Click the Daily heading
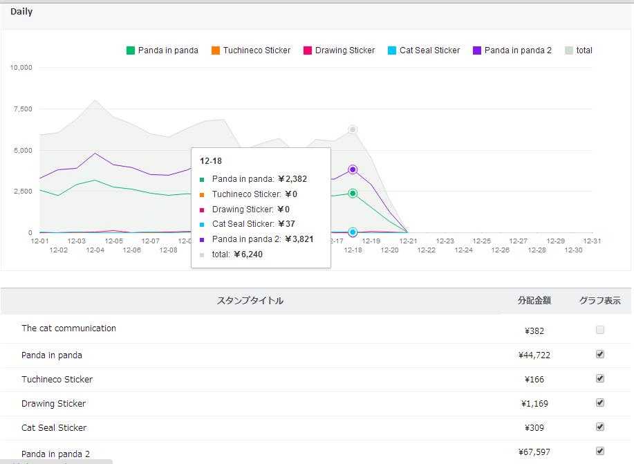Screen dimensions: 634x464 pos(21,11)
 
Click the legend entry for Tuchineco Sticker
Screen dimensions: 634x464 pos(251,50)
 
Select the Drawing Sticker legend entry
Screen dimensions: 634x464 pos(339,50)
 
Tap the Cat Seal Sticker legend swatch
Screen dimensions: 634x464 pos(392,50)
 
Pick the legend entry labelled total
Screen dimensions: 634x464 pos(579,50)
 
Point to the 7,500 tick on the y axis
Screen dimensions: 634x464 pos(23,109)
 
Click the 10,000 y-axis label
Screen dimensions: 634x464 pos(21,67)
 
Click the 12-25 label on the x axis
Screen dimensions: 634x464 pos(482,241)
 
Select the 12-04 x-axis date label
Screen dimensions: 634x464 pos(95,250)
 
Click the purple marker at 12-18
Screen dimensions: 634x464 pos(353,169)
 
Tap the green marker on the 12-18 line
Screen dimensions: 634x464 pos(353,194)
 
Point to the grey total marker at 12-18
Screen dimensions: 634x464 pos(353,129)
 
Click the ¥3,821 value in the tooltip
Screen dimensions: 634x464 pos(299,239)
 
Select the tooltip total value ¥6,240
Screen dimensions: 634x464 pos(248,254)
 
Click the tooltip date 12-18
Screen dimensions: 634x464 pos(211,161)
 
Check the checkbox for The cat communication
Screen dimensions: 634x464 pos(600,330)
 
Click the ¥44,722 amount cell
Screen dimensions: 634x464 pos(534,355)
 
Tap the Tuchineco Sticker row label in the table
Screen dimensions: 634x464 pos(57,380)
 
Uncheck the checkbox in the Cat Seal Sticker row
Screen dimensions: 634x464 pos(600,427)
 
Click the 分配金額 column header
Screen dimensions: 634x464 pos(534,301)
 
